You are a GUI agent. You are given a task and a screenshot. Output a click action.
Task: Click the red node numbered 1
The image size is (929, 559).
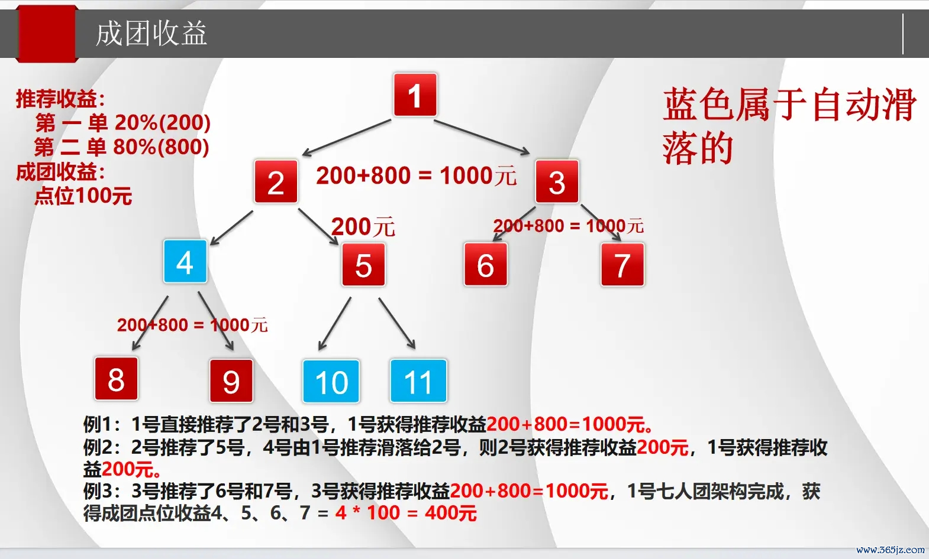(x=415, y=95)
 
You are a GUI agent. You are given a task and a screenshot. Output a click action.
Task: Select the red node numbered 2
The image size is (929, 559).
(x=276, y=181)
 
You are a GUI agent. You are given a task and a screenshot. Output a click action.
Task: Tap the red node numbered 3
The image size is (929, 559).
(x=557, y=181)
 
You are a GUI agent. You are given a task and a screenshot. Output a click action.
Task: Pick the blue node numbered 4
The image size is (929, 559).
(x=185, y=261)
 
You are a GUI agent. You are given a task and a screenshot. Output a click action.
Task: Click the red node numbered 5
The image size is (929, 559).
(x=363, y=265)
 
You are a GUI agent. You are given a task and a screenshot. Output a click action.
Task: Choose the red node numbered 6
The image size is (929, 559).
(x=486, y=265)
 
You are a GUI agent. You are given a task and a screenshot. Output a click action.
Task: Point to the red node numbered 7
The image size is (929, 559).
(x=622, y=265)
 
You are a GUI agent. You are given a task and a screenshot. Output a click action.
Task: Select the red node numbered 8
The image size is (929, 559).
(x=116, y=378)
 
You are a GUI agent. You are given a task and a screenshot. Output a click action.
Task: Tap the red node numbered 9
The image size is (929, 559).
(x=231, y=381)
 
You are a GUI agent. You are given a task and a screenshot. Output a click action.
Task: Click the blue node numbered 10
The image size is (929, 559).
(x=331, y=381)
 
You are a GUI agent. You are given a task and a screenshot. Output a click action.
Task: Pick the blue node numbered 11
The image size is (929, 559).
(x=418, y=381)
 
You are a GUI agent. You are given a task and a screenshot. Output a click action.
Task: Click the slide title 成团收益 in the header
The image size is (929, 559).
(x=151, y=34)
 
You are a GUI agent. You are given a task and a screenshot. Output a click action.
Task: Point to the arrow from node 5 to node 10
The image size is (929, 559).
(x=335, y=324)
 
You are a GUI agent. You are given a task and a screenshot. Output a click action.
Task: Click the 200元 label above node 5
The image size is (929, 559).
(x=363, y=227)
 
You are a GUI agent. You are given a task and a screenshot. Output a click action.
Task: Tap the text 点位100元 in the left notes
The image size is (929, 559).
(x=83, y=196)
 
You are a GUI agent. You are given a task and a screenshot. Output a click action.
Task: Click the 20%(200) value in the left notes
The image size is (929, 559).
(x=163, y=122)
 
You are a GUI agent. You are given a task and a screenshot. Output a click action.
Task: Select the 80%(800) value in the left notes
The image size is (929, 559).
(x=161, y=147)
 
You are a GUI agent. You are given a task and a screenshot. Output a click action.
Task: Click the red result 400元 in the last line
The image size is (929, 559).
(x=451, y=513)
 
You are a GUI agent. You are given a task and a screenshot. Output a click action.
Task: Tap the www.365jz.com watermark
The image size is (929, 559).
(x=890, y=550)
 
